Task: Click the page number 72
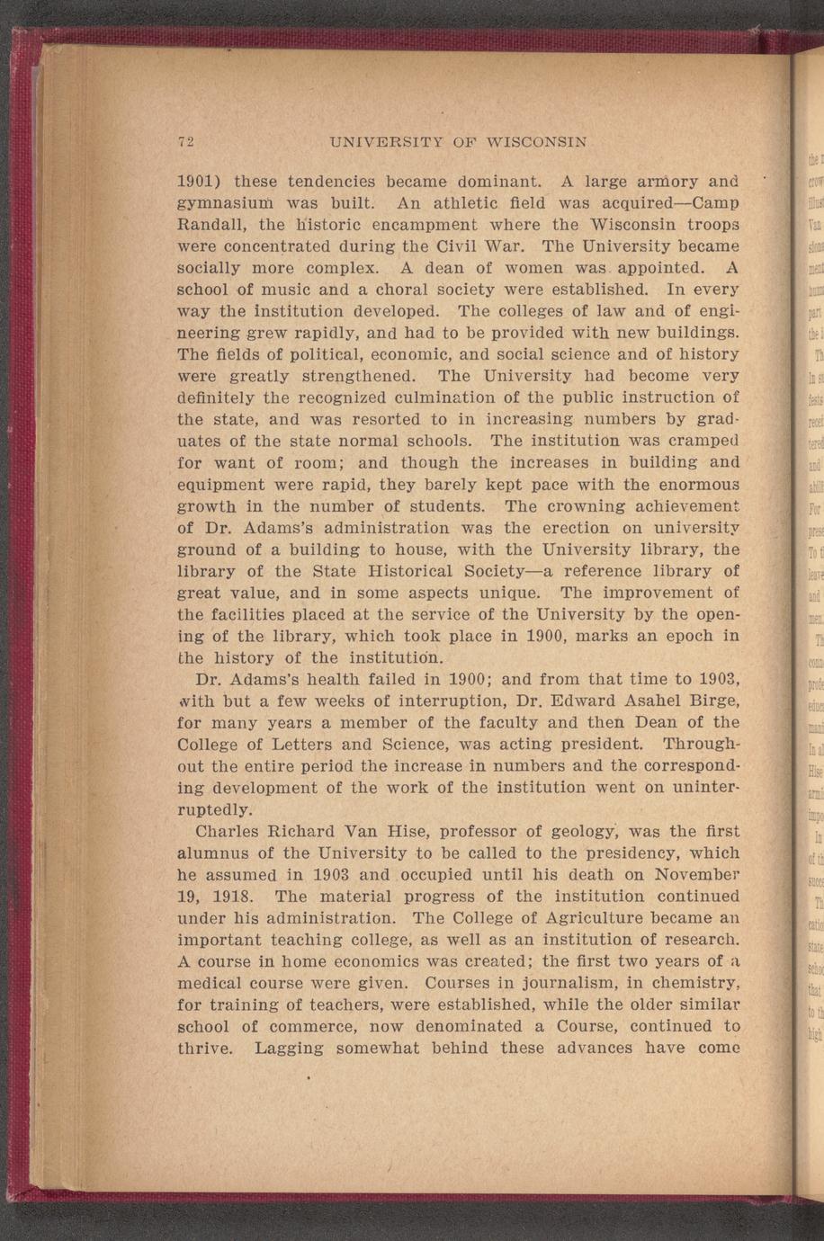(x=187, y=141)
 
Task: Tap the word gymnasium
(x=217, y=203)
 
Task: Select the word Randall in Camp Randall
(x=212, y=224)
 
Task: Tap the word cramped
(x=698, y=441)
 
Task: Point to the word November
(x=697, y=875)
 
